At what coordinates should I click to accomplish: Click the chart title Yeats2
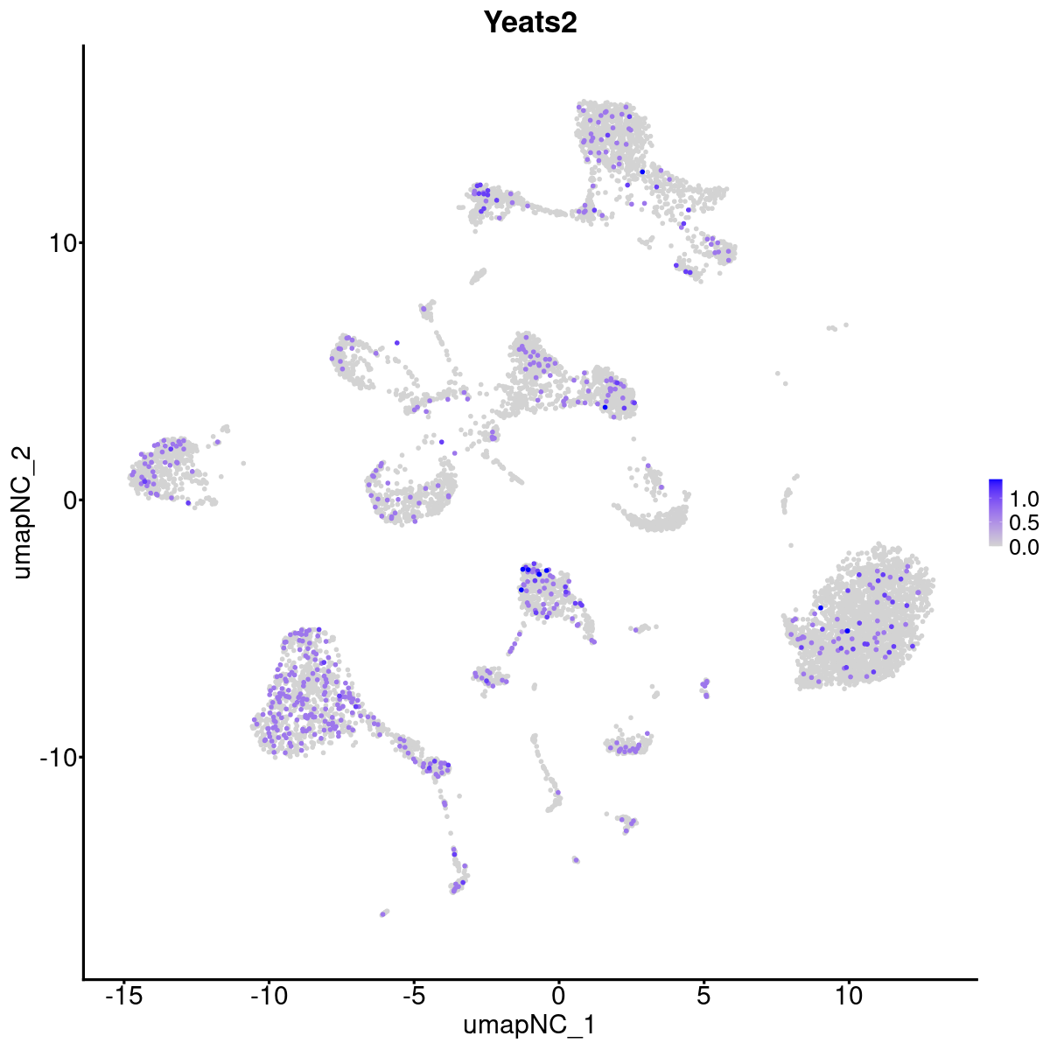531,23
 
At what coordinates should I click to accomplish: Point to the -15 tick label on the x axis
123,995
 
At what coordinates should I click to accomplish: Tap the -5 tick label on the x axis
414,995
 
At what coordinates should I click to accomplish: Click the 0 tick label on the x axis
558,995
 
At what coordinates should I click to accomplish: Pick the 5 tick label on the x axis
703,995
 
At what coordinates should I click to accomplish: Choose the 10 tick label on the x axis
848,995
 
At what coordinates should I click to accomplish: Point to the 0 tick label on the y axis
66,500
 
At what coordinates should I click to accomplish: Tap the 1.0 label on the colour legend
1024,500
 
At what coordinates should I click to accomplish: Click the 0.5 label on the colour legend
1024,523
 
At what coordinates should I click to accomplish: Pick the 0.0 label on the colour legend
1024,547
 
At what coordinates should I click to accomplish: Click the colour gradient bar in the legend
996,513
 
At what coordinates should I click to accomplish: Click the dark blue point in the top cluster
642,171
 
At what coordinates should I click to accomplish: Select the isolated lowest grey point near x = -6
383,913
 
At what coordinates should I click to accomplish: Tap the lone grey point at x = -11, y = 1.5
243,463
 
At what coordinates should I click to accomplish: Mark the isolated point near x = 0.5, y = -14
575,860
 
